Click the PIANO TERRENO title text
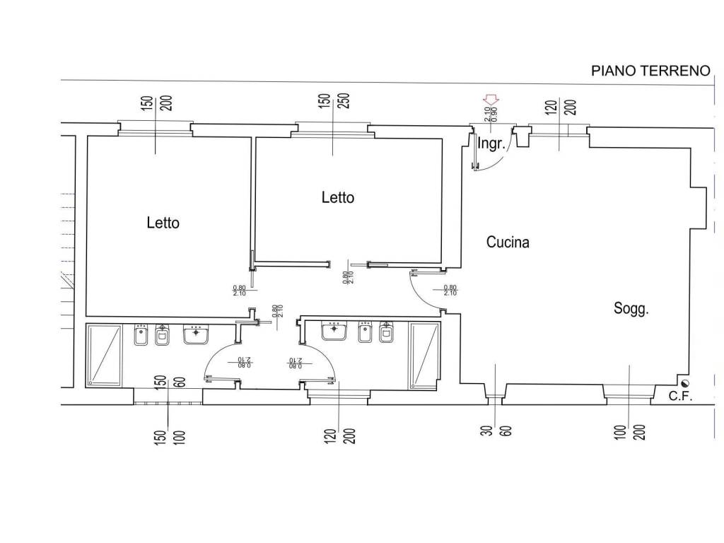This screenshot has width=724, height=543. (x=650, y=71)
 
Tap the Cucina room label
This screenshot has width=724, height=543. (x=508, y=243)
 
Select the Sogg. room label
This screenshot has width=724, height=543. (x=631, y=308)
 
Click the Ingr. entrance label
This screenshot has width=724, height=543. (x=491, y=144)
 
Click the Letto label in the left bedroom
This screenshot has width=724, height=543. (x=163, y=223)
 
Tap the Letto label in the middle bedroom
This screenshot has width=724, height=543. (x=337, y=197)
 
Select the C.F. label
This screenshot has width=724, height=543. (x=680, y=396)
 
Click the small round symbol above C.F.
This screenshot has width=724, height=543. (x=682, y=383)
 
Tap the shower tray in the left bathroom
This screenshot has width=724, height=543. (x=104, y=355)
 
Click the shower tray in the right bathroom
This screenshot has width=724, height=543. (x=425, y=356)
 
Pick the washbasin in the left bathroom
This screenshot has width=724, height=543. (x=196, y=334)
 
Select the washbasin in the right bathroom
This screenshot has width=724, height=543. (x=334, y=330)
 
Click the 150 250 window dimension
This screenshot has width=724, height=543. (x=332, y=107)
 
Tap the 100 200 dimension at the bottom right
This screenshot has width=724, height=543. (x=629, y=424)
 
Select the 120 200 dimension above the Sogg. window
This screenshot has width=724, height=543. (x=561, y=107)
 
